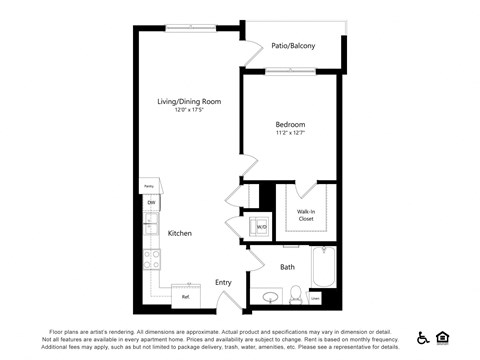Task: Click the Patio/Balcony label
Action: pyautogui.click(x=293, y=46)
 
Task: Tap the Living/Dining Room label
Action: pyautogui.click(x=189, y=102)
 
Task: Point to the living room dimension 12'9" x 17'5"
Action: pyautogui.click(x=189, y=111)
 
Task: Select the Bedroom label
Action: pyautogui.click(x=291, y=125)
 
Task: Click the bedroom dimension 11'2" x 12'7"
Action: pyautogui.click(x=291, y=134)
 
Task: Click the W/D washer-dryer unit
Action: pyautogui.click(x=261, y=225)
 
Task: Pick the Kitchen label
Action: pyautogui.click(x=180, y=233)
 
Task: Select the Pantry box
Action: pyautogui.click(x=148, y=186)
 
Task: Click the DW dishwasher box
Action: pyautogui.click(x=151, y=203)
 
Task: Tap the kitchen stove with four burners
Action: pyautogui.click(x=152, y=260)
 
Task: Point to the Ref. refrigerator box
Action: pyautogui.click(x=185, y=295)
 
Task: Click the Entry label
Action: pyautogui.click(x=224, y=283)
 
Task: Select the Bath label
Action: pyautogui.click(x=287, y=267)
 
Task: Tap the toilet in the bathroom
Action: pyautogui.click(x=296, y=296)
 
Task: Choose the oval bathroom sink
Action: pyautogui.click(x=267, y=297)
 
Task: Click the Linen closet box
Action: pyautogui.click(x=316, y=297)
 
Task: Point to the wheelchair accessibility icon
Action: pyautogui.click(x=423, y=338)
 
